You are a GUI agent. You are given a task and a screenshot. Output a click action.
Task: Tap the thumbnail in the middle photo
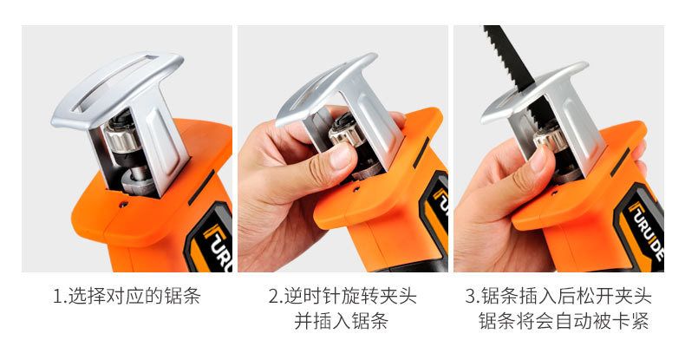(342, 156)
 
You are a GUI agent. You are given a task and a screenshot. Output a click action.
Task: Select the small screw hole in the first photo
(125, 204)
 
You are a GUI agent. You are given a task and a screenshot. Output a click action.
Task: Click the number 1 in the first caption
(56, 296)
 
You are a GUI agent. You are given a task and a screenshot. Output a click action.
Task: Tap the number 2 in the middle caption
(273, 296)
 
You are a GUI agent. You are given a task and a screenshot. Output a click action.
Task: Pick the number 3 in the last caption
(471, 296)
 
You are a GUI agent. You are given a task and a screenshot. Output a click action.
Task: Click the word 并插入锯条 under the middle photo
(341, 321)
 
